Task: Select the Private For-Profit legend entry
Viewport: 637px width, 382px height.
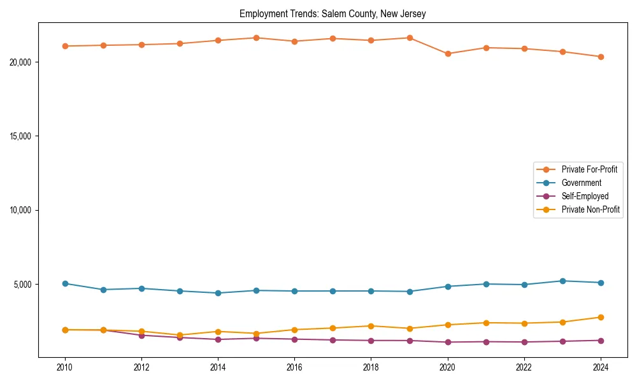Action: coord(589,169)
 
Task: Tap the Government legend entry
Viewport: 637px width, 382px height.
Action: coord(581,183)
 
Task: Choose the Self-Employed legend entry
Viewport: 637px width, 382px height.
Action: coord(585,196)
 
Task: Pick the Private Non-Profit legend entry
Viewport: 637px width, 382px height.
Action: coord(590,209)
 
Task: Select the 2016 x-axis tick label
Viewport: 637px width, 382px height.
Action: coord(294,367)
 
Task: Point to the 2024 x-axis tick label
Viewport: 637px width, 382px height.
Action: coord(601,367)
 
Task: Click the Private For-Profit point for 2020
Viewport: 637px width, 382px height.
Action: coord(448,53)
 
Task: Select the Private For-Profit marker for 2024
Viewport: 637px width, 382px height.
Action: coord(601,57)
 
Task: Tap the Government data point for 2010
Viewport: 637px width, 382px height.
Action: coord(65,283)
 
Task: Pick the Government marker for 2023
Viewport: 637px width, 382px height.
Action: coord(562,281)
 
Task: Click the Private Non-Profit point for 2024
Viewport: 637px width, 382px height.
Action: coord(601,317)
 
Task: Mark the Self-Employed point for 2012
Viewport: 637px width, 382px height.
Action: coord(141,335)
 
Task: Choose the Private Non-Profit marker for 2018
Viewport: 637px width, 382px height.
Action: coord(371,326)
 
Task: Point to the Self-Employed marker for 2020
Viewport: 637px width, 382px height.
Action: coord(448,342)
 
